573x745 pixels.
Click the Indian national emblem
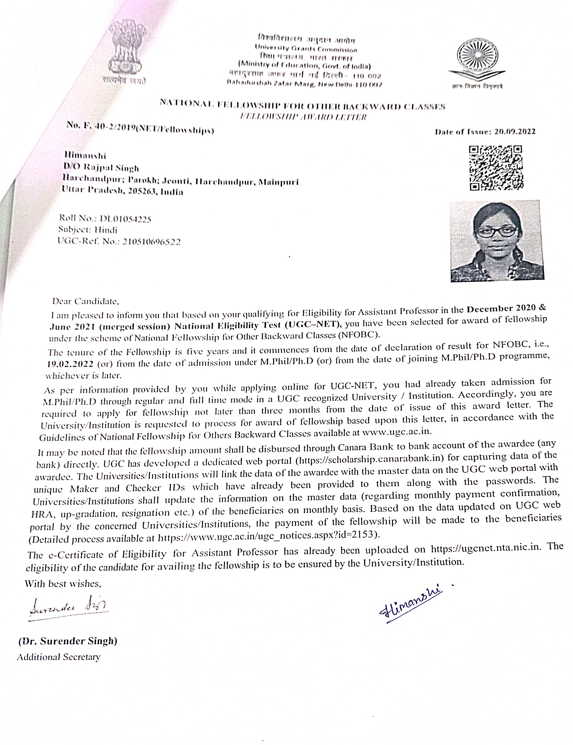(125, 51)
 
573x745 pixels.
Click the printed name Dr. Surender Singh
(68, 641)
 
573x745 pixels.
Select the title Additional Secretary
(59, 657)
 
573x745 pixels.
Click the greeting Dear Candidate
(85, 301)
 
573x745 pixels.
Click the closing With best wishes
(63, 584)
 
